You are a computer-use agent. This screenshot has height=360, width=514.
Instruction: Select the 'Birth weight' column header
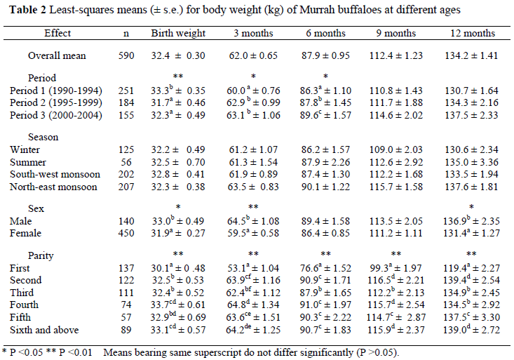click(x=178, y=34)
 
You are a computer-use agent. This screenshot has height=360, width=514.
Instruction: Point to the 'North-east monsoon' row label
click(x=55, y=187)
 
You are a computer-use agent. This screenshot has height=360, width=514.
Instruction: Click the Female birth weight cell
click(x=178, y=234)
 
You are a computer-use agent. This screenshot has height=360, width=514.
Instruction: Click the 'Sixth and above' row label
click(x=46, y=329)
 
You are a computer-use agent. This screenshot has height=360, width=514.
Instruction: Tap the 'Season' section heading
click(x=43, y=138)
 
